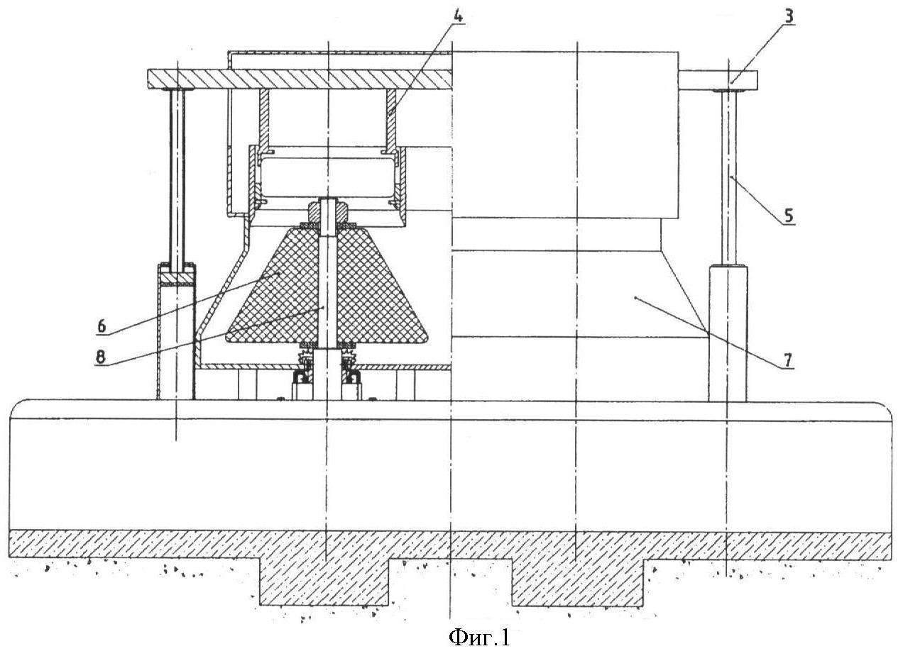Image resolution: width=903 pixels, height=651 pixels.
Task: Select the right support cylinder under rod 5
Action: coord(728,333)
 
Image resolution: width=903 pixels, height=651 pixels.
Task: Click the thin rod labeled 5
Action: coord(730,177)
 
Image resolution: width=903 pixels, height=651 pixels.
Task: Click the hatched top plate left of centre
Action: coord(298,78)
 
